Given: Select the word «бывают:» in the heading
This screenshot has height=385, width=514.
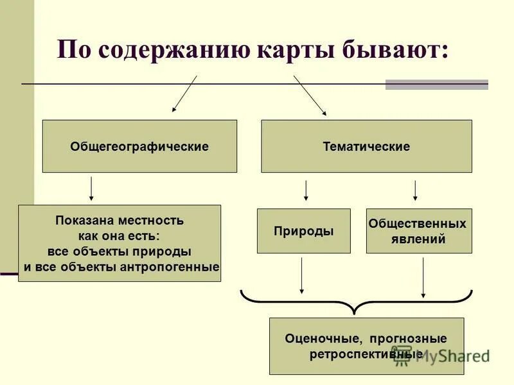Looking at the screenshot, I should (393, 50).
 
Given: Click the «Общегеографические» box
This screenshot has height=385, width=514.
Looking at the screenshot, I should (139, 146).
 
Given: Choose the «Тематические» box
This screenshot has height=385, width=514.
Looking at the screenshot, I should (366, 146).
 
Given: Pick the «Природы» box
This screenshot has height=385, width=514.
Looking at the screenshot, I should (303, 231).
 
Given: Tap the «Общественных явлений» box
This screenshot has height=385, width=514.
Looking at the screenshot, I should (418, 231).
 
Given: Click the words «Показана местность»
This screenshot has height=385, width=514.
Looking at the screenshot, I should (120, 221).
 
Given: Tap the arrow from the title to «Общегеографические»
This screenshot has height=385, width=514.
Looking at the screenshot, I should (184, 94).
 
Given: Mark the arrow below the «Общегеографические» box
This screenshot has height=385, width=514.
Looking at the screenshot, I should (91, 189).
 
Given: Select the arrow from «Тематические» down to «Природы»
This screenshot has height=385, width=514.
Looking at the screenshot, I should (306, 190).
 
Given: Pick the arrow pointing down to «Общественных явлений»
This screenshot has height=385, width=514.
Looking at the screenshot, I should (415, 190).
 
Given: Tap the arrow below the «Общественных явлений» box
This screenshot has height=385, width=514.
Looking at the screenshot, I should (423, 277).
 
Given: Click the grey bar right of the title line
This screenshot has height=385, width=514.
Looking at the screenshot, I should (436, 84).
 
